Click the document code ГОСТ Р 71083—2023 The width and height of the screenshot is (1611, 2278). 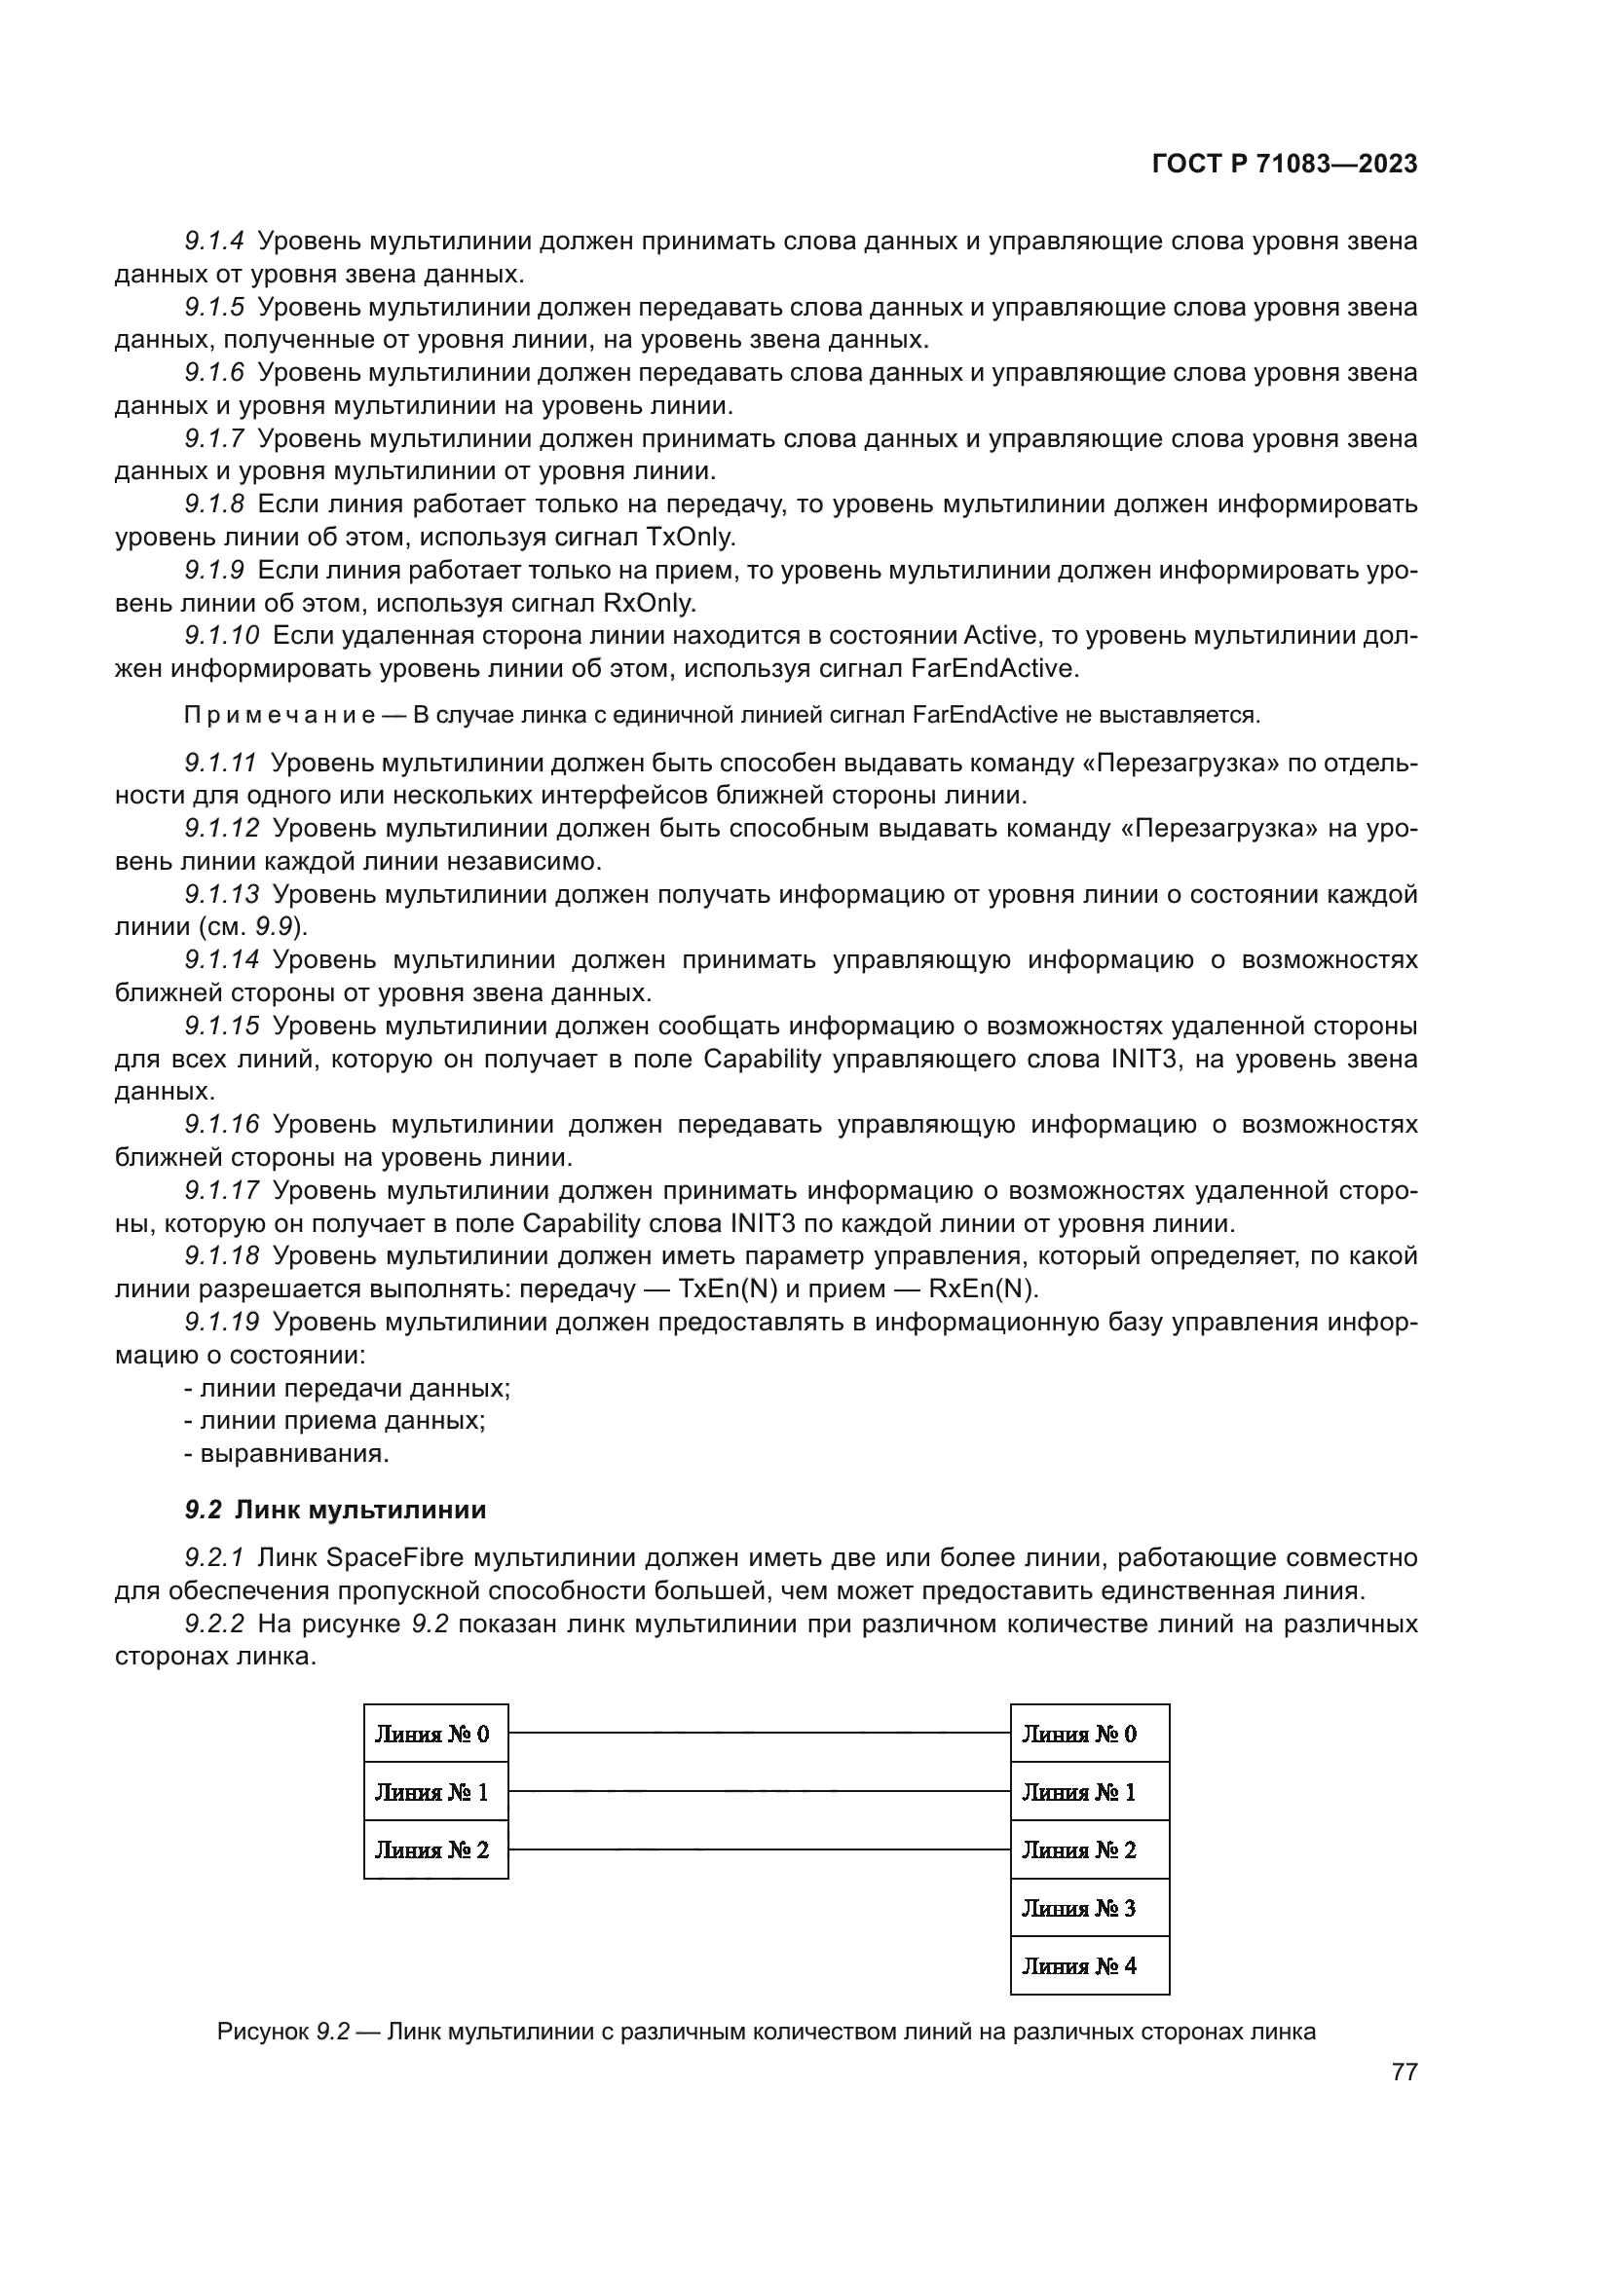pyautogui.click(x=1285, y=165)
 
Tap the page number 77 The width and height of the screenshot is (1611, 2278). pyautogui.click(x=1404, y=2073)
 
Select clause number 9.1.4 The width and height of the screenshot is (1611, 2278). pyautogui.click(x=214, y=242)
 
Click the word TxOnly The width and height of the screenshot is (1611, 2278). pyautogui.click(x=691, y=538)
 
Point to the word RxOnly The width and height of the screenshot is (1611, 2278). pyautogui.click(x=650, y=603)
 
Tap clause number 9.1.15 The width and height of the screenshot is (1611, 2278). pyautogui.click(x=221, y=1026)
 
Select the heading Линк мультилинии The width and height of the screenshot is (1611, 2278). pyautogui.click(x=361, y=1511)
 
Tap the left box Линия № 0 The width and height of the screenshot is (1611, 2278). pyautogui.click(x=435, y=1735)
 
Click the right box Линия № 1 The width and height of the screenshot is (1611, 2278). pyautogui.click(x=1089, y=1792)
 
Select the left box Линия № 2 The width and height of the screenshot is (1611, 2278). pyautogui.click(x=435, y=1850)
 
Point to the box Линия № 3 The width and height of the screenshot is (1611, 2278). pyautogui.click(x=1089, y=1908)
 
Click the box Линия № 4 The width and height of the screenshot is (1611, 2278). pyautogui.click(x=1089, y=1966)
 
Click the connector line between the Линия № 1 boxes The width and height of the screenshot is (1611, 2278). pyautogui.click(x=759, y=1792)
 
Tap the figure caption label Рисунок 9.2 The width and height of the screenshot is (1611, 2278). pyautogui.click(x=282, y=2032)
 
